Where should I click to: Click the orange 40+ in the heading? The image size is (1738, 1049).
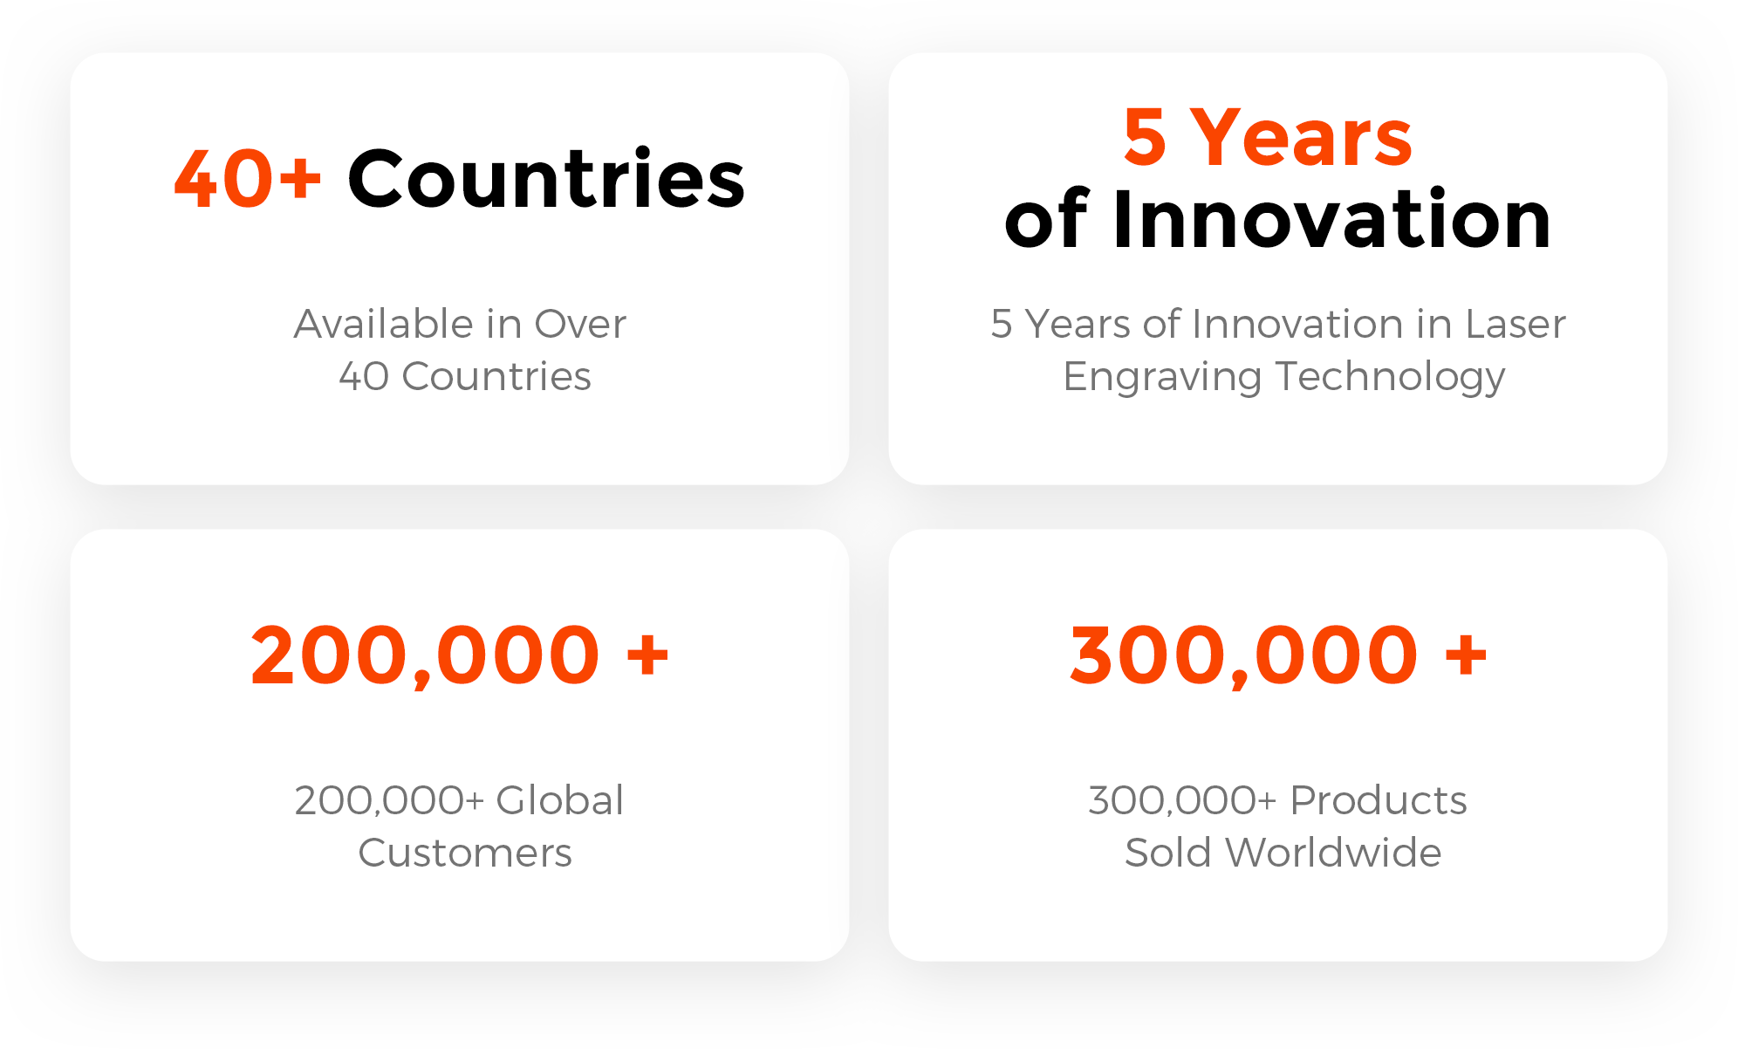[249, 179]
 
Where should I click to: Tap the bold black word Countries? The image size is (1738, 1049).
[547, 177]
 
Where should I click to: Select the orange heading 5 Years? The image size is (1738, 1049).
[1268, 137]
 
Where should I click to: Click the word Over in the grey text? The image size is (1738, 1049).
[580, 324]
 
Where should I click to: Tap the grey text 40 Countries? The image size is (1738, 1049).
[465, 376]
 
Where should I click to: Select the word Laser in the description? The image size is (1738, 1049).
[1516, 324]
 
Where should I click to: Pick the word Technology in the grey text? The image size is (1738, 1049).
[1391, 378]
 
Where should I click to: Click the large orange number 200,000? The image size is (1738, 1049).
[425, 655]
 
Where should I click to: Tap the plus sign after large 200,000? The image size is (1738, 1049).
[647, 655]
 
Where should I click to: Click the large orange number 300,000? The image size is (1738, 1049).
[1243, 655]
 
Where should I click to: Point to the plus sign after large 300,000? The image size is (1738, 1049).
[1466, 655]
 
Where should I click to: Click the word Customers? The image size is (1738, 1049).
[465, 853]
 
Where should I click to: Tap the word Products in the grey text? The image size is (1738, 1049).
[1379, 800]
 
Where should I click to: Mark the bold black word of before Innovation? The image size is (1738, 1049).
[1046, 220]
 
